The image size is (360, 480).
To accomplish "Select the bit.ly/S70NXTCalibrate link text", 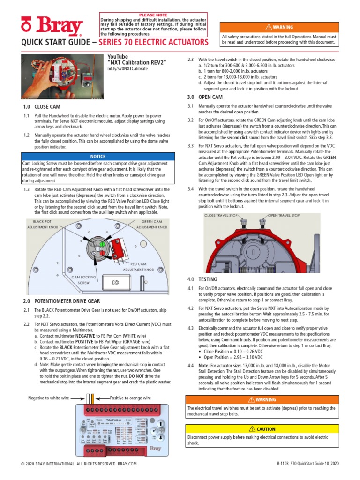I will coord(127,69).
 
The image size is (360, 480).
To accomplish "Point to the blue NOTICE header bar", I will coord(98,156).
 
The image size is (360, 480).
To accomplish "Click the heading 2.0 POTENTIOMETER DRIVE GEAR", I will coord(61,300).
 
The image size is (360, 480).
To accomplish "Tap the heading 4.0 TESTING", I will coord(197,279).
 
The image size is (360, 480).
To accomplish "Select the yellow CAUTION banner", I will coord(262,429).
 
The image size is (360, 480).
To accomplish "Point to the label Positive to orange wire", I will coord(130,397).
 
